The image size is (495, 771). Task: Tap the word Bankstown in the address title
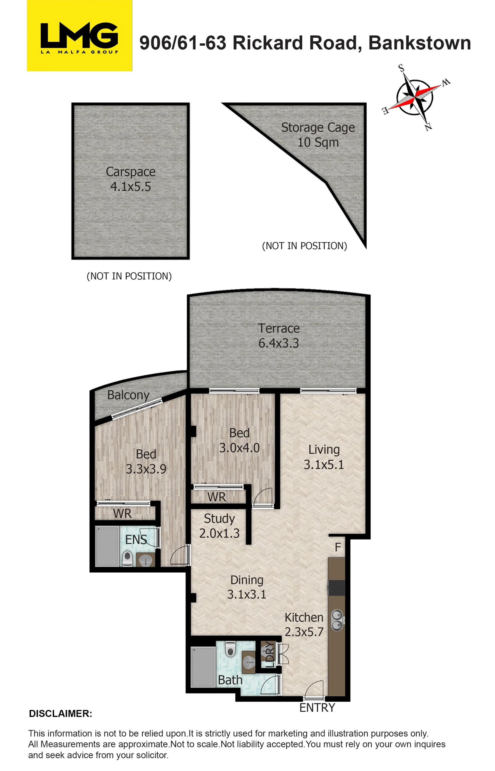coord(419,43)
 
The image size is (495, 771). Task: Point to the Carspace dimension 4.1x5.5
coord(130,187)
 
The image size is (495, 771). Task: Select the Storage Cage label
coord(318,128)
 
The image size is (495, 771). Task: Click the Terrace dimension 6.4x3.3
coord(279,343)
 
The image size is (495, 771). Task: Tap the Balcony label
coord(128,395)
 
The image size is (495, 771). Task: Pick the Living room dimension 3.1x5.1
coord(324,465)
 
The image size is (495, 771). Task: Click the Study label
coord(219,519)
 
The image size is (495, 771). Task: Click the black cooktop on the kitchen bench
coord(336,588)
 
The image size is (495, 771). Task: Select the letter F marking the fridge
coord(338,547)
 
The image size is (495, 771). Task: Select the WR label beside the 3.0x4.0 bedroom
coord(217,497)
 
